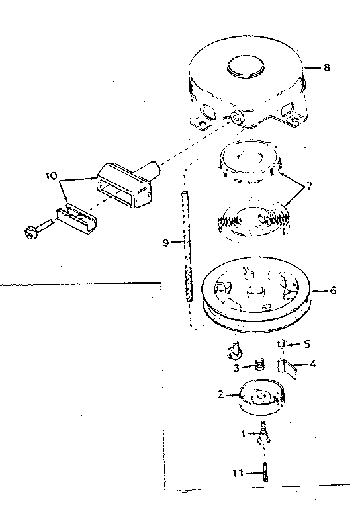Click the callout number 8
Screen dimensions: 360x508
tap(327, 67)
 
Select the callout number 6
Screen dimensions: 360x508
tap(333, 290)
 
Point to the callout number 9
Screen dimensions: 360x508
tap(165, 242)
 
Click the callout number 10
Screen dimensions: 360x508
tap(51, 176)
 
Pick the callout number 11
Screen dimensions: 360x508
tap(238, 473)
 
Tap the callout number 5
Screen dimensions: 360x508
tap(307, 344)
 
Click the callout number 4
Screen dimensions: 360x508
tap(312, 364)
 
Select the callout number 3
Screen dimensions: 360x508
tap(236, 368)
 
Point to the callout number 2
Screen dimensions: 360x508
tap(220, 394)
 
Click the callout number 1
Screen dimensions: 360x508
tap(243, 433)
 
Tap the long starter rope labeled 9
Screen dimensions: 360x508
tap(187, 245)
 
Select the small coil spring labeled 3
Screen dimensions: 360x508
tap(259, 366)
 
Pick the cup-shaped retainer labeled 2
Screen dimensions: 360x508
tap(261, 397)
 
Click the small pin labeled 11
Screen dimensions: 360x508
tap(266, 472)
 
